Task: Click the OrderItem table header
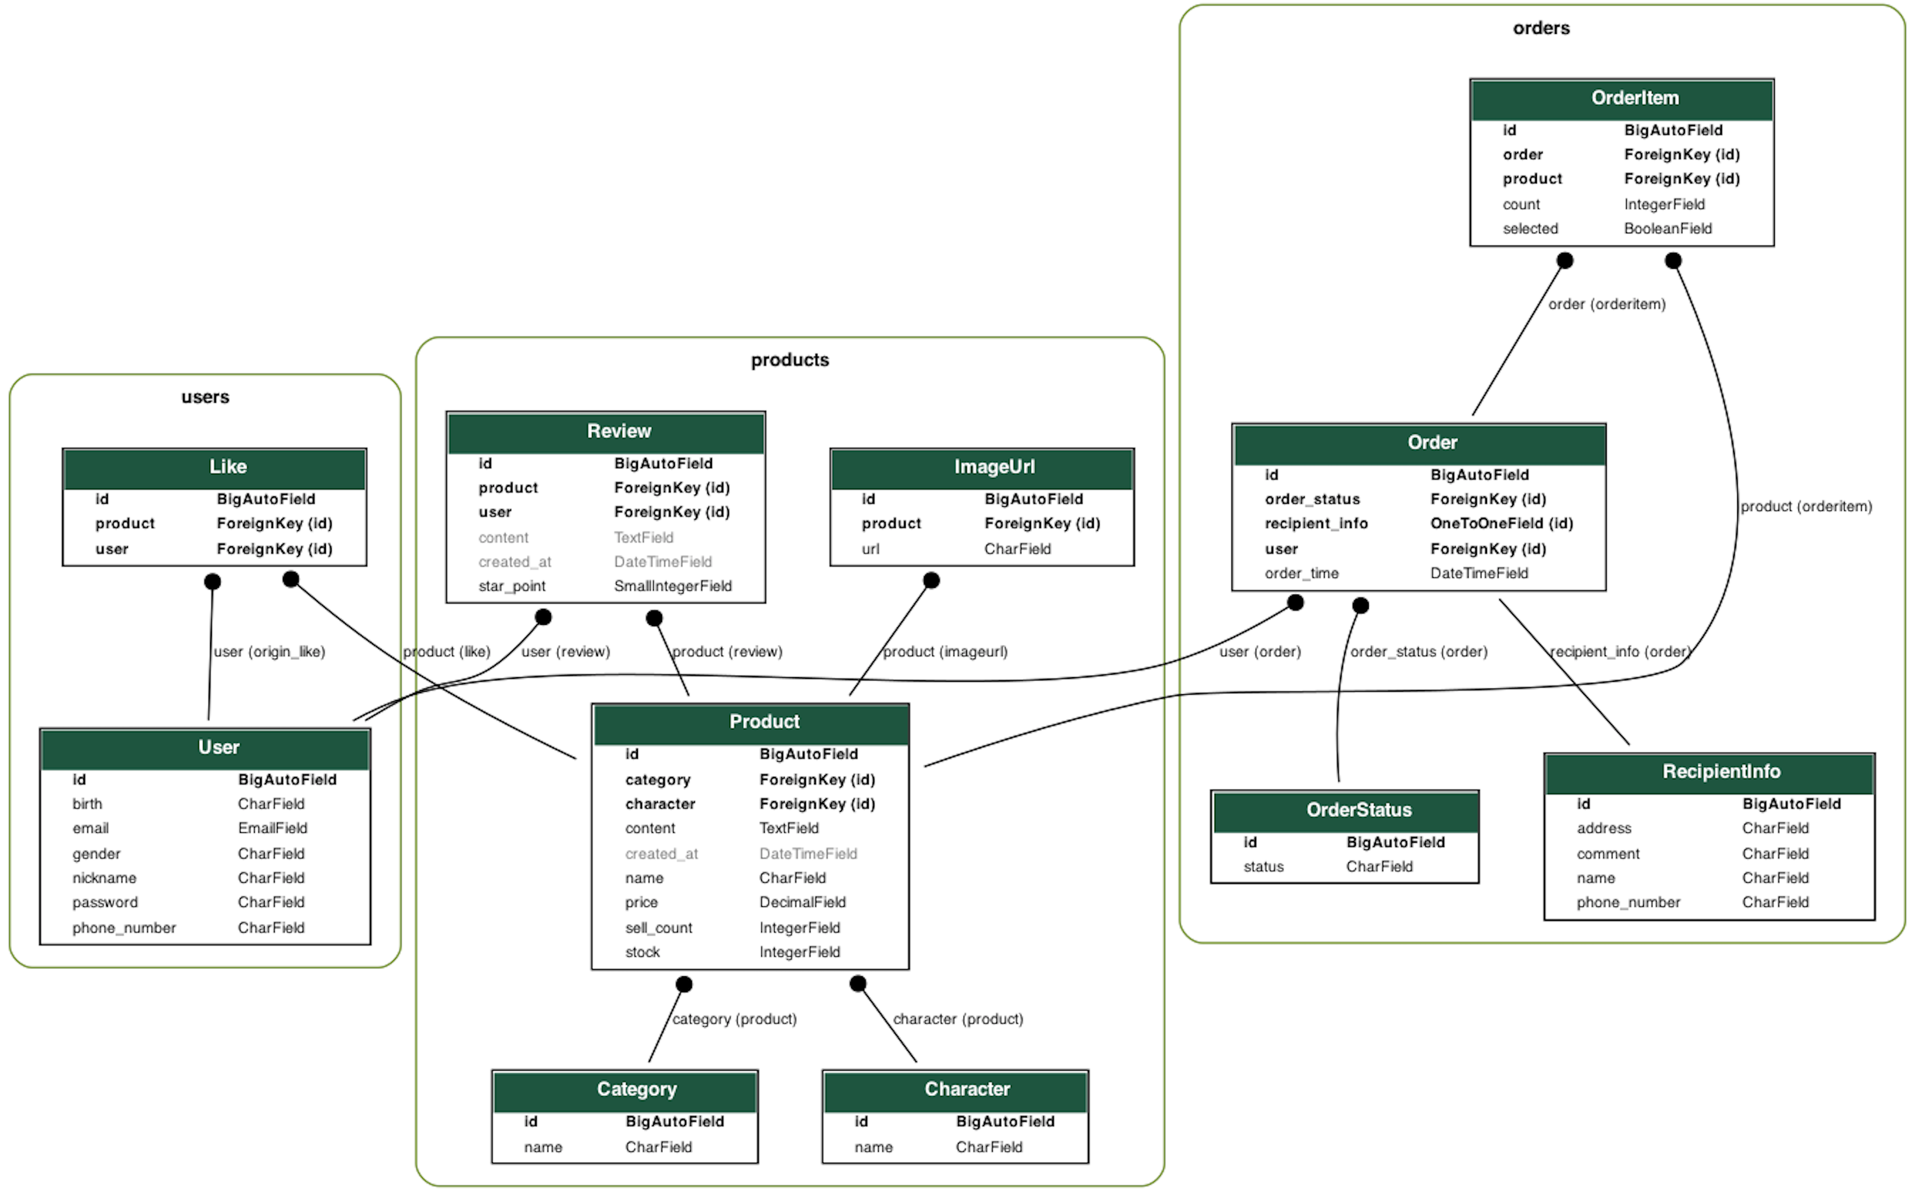point(1634,98)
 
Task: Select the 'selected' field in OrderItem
point(1530,229)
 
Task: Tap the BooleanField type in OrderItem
point(1667,229)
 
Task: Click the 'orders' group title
point(1540,28)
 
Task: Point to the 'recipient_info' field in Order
point(1316,524)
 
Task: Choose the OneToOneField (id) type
point(1500,524)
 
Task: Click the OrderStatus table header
point(1358,810)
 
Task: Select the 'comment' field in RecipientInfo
point(1607,854)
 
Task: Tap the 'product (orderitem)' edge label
point(1806,507)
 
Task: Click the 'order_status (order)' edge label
point(1418,652)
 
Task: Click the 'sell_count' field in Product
point(658,928)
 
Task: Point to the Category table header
point(636,1089)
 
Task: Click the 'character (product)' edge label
point(957,1019)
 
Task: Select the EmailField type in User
point(272,829)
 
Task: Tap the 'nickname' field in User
point(104,878)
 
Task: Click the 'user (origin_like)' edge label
point(269,652)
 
